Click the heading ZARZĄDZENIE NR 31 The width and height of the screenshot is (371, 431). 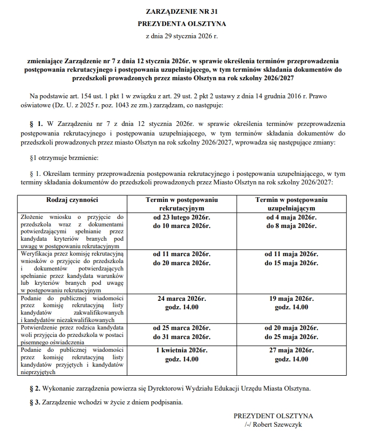(182, 11)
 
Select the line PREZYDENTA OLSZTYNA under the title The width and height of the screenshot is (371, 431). (182, 23)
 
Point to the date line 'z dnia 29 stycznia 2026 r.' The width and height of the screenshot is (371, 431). (182, 37)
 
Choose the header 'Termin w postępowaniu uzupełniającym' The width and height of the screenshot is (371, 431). (291, 204)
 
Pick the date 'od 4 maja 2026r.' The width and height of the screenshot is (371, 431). (291, 217)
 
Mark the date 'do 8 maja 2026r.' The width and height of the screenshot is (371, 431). (291, 226)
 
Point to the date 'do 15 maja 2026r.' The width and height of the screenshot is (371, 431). (291, 263)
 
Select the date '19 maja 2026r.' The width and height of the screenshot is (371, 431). (291, 299)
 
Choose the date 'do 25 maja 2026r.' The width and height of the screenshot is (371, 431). (291, 337)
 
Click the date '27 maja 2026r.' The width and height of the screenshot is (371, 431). (291, 350)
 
